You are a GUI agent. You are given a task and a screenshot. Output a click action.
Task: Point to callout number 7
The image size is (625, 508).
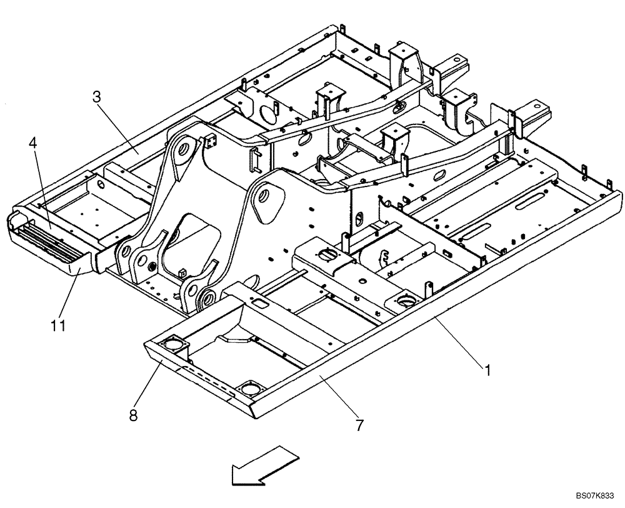point(359,426)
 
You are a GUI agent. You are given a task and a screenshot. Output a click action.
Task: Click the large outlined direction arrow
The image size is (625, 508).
point(262,465)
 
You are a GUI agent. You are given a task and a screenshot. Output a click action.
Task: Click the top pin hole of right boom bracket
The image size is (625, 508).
point(263,195)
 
